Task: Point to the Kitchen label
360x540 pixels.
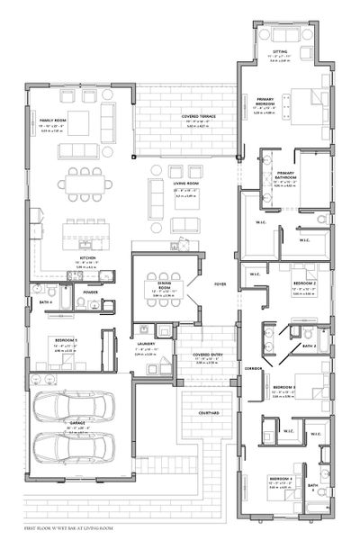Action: [x=86, y=256]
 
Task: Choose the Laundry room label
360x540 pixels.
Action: [x=146, y=343]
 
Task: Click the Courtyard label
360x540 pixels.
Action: [x=210, y=412]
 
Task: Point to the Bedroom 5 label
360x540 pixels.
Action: [x=64, y=340]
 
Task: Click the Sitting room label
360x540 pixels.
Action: [x=280, y=52]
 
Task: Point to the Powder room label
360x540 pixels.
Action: [x=90, y=292]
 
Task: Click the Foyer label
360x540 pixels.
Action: [x=220, y=283]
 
